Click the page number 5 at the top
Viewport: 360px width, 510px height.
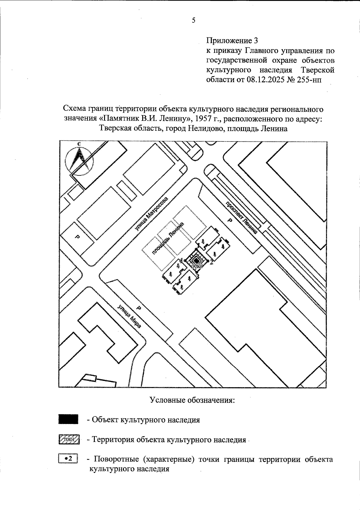tap(193, 20)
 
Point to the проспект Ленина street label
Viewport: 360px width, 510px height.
tap(241, 217)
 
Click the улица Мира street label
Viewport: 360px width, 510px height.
tap(129, 317)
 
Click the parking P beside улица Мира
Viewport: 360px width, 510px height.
tap(139, 308)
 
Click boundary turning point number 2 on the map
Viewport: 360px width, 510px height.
tap(212, 263)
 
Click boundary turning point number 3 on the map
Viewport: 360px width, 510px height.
tap(197, 276)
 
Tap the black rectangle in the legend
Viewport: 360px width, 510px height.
tap(68, 419)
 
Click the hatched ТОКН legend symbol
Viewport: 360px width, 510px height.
tap(68, 439)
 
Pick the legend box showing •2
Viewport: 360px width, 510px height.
tap(68, 459)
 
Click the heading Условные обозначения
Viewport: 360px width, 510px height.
tap(192, 400)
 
